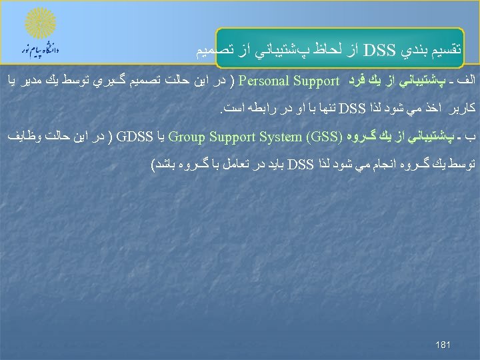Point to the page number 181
pos(443,345)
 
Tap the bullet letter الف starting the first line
pos(464,82)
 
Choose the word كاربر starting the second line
pos(462,107)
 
